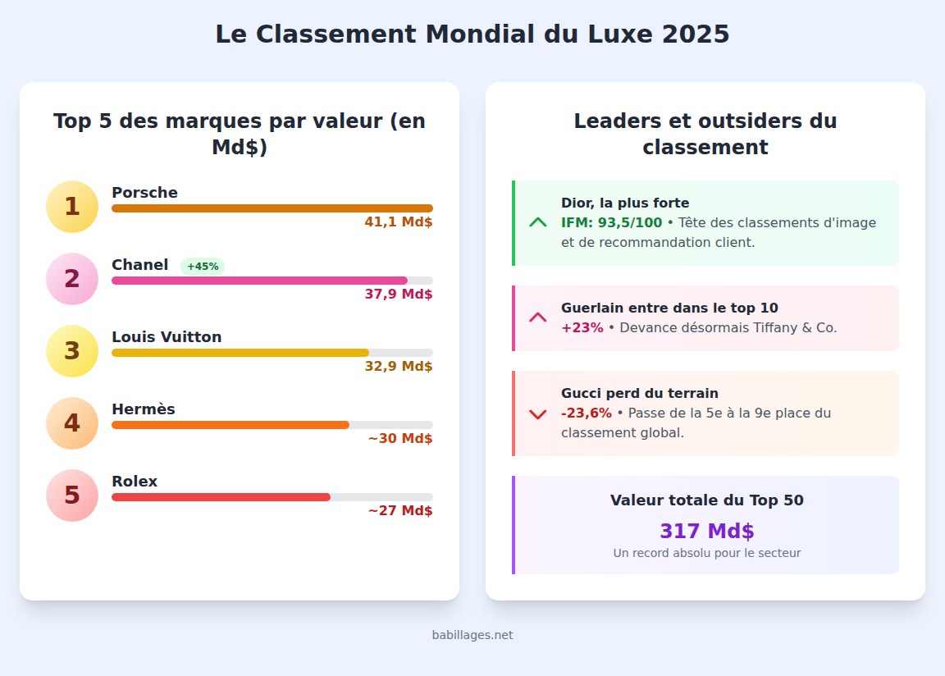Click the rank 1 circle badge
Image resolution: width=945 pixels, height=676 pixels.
coord(72,207)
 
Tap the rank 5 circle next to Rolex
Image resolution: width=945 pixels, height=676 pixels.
coord(72,496)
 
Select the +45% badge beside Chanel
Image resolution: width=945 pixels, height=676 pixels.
coord(203,267)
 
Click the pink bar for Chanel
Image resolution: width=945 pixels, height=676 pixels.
coord(259,281)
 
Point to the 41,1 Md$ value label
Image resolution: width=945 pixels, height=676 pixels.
coord(399,222)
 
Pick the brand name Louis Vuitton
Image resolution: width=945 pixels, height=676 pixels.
coord(167,337)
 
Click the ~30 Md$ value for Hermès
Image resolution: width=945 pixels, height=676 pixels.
coord(400,438)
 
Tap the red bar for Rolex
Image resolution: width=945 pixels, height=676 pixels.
coord(221,497)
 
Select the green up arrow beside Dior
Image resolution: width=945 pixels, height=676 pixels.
coord(538,222)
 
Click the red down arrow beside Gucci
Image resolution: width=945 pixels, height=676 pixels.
coord(538,414)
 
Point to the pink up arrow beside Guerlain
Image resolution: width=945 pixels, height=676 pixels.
coord(538,317)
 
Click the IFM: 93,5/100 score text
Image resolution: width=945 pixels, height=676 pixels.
coord(611,222)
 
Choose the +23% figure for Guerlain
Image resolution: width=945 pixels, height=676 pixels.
coord(582,327)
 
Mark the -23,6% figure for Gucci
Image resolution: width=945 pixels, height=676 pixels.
coord(586,413)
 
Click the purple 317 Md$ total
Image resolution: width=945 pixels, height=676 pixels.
coord(706,531)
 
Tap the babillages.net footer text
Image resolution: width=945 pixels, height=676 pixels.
coord(472,635)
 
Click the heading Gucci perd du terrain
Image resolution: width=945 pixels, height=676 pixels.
coord(640,393)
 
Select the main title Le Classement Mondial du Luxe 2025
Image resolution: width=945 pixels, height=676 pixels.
coord(472,34)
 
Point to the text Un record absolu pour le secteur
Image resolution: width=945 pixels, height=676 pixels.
coord(706,553)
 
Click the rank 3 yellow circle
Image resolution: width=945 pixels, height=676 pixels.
coord(72,351)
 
